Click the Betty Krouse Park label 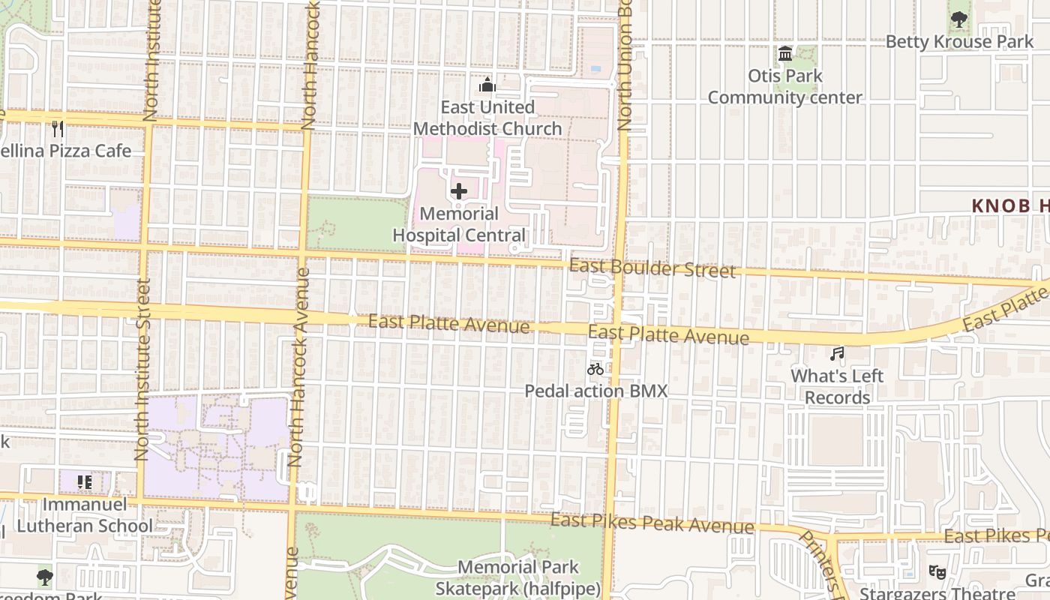959,42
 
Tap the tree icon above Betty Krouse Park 958,19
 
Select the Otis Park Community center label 785,87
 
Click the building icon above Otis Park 785,54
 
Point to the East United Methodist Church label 487,118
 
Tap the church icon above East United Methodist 487,85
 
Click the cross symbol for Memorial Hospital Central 459,191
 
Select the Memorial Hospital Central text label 459,225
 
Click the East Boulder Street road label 652,268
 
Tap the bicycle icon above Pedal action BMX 595,369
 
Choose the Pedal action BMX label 595,391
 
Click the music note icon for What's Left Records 837,353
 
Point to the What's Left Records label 837,386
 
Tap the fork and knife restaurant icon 58,129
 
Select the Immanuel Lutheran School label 84,515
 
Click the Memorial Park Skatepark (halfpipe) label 518,578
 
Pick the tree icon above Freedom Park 45,577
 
